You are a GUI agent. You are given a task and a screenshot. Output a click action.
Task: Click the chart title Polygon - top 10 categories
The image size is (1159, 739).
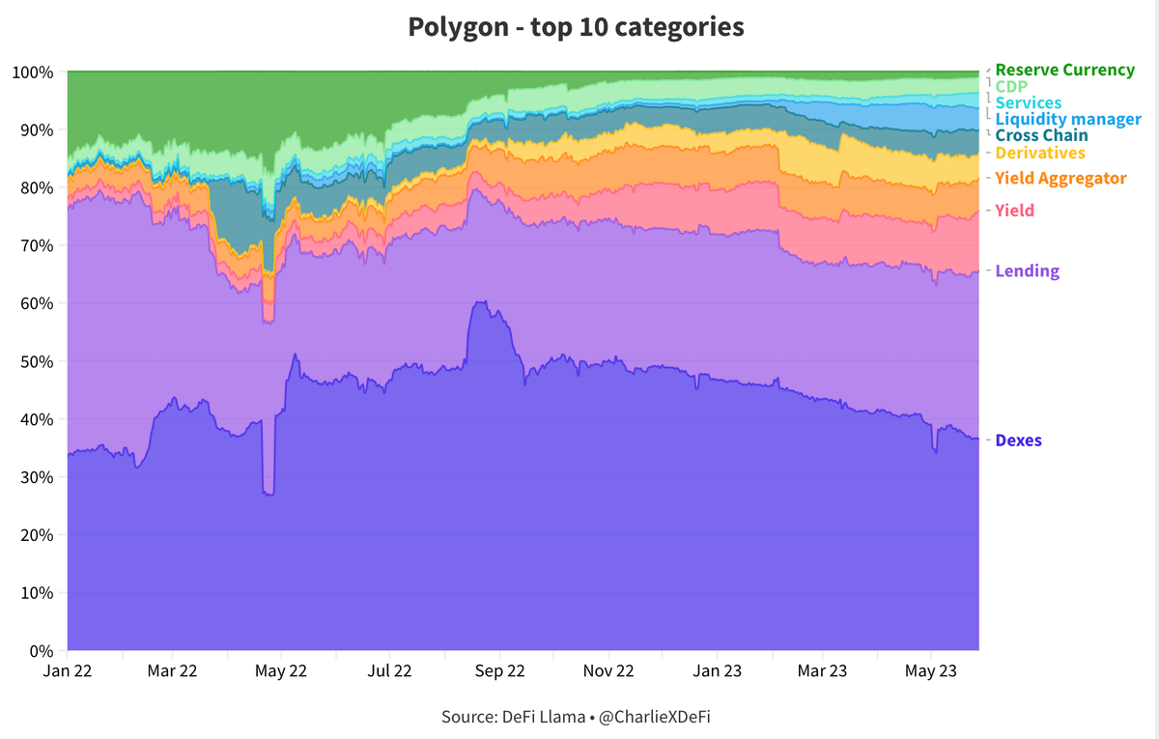[576, 26]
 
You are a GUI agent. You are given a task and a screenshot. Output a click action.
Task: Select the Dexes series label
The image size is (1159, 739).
[1018, 441]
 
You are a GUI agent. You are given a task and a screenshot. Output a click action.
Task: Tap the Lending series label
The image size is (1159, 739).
[1027, 271]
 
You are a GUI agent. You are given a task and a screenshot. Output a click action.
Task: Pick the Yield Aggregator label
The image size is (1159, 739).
[1060, 179]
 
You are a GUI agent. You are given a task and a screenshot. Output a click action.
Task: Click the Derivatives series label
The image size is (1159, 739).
[1040, 154]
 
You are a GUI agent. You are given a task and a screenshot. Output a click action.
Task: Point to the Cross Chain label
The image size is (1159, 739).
[1041, 136]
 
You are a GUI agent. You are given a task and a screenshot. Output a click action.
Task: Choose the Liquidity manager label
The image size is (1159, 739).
[1067, 120]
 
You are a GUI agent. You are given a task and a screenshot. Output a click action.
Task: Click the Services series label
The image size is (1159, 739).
[1028, 103]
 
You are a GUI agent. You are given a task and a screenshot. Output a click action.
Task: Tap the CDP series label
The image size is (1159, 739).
[1011, 87]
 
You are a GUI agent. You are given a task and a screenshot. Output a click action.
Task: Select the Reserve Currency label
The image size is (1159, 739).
[1064, 71]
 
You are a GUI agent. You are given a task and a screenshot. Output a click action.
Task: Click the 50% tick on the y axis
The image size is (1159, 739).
[33, 361]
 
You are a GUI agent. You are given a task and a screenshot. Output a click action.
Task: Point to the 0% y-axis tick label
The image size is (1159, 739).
[37, 650]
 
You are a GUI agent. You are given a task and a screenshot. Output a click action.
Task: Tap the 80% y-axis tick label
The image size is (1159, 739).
[33, 187]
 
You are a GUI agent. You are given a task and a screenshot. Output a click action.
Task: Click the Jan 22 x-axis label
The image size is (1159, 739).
[68, 669]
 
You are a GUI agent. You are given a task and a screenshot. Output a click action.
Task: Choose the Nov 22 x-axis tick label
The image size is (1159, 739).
[610, 669]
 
